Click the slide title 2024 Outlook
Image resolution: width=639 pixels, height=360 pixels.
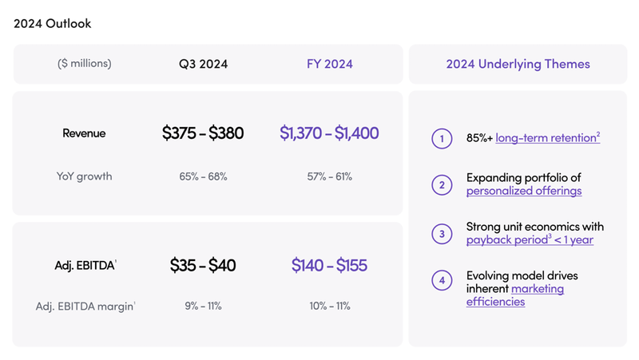tap(53, 23)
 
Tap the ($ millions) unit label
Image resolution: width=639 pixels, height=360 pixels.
tap(85, 64)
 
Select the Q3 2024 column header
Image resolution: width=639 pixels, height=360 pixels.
tap(203, 64)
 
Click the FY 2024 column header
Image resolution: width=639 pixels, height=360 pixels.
tap(330, 64)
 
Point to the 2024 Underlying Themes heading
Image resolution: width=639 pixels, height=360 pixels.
tap(518, 64)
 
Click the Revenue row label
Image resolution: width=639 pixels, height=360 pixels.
tap(84, 133)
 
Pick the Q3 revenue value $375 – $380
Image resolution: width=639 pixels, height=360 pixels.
tap(203, 133)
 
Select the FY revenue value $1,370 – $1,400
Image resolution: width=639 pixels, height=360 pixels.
tap(329, 133)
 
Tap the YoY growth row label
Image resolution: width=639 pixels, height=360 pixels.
tap(85, 176)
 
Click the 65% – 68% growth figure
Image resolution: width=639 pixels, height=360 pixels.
tap(203, 176)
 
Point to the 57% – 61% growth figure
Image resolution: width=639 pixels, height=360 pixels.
tap(329, 176)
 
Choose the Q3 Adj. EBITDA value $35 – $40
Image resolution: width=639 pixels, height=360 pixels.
tap(203, 265)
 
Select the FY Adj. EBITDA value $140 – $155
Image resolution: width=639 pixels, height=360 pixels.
tap(329, 265)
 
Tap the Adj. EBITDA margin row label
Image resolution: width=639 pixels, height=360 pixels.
tap(85, 306)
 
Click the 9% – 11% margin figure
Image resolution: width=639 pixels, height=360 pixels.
tap(203, 306)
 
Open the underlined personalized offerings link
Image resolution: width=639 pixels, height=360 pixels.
tap(524, 191)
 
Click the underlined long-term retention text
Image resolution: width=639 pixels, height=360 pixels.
tap(546, 138)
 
